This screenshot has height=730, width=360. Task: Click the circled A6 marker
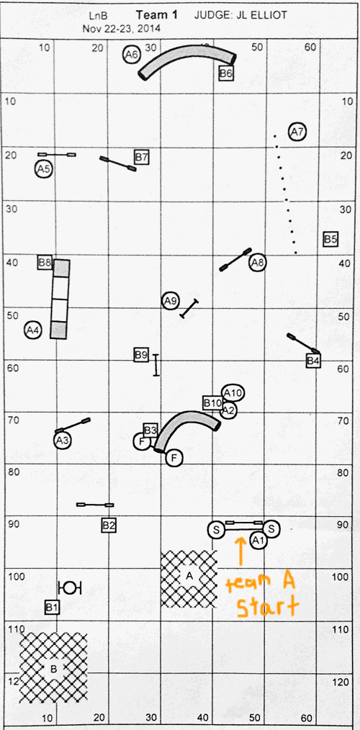click(x=132, y=55)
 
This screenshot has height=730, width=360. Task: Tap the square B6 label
click(x=226, y=73)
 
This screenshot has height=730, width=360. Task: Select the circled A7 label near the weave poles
click(x=297, y=132)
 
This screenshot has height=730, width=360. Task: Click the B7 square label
click(x=142, y=158)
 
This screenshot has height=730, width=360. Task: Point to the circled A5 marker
click(x=43, y=169)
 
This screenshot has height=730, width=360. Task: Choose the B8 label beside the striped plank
click(x=45, y=262)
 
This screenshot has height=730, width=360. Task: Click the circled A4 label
click(x=33, y=330)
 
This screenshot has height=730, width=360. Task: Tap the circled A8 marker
click(x=258, y=263)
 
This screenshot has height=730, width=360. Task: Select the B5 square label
click(x=330, y=239)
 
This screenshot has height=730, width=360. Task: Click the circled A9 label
click(x=171, y=301)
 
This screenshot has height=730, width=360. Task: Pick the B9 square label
click(x=141, y=355)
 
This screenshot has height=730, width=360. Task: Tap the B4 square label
click(x=314, y=361)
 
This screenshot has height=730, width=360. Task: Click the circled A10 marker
click(x=233, y=393)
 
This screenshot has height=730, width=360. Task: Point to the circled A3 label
click(x=63, y=440)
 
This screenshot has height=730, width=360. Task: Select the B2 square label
click(x=109, y=526)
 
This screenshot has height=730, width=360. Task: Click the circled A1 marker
click(x=258, y=541)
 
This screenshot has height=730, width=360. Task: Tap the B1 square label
click(x=52, y=607)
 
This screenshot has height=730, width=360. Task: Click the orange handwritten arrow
click(x=240, y=552)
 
